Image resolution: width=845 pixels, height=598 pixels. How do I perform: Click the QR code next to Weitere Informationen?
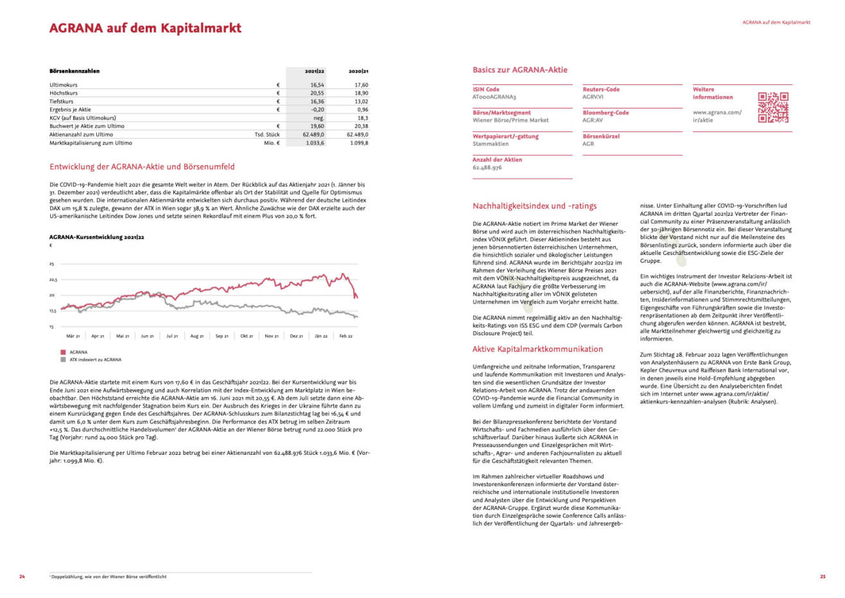[x=773, y=107]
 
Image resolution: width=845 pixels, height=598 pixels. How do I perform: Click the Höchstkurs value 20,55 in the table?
[x=317, y=93]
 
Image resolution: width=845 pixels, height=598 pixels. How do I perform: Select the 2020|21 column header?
[x=358, y=71]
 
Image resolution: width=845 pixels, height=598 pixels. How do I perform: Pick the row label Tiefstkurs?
[x=62, y=101]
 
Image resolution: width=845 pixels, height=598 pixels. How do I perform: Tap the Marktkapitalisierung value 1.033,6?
[x=315, y=143]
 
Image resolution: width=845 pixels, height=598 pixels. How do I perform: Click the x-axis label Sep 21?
[x=222, y=336]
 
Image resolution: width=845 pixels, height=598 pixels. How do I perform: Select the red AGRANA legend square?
[x=63, y=352]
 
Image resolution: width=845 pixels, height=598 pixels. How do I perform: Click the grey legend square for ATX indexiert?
[x=63, y=360]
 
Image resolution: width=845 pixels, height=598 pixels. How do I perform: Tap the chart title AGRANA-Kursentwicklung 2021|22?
[x=96, y=237]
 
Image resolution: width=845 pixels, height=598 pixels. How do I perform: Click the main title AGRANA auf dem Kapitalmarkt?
[x=145, y=28]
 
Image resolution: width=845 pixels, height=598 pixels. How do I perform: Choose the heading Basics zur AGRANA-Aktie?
[x=519, y=70]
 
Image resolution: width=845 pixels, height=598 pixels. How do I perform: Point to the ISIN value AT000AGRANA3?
[x=494, y=97]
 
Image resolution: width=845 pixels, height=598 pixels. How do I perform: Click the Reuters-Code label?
[x=601, y=89]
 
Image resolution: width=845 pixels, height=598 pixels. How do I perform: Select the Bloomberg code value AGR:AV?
[x=593, y=120]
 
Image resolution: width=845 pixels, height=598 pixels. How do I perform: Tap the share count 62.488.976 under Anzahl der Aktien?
[x=487, y=168]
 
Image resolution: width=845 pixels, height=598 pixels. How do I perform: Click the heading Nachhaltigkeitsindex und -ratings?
[x=534, y=206]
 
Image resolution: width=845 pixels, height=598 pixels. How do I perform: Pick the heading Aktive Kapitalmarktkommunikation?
[x=537, y=349]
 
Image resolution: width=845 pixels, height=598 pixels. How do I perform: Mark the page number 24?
[x=22, y=576]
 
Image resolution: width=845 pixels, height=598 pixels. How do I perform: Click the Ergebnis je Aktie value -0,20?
[x=317, y=110]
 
